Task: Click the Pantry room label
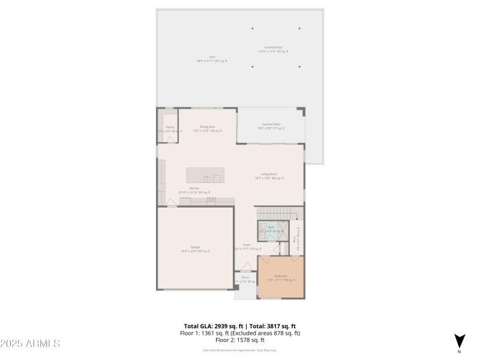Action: pyautogui.click(x=170, y=127)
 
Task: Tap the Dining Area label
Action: pyautogui.click(x=208, y=127)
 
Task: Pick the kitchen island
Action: pyautogui.click(x=205, y=175)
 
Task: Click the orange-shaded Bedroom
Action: pyautogui.click(x=281, y=277)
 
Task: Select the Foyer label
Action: pyautogui.click(x=247, y=246)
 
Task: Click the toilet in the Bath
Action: pyautogui.click(x=269, y=236)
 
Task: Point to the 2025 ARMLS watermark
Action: pyautogui.click(x=30, y=344)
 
